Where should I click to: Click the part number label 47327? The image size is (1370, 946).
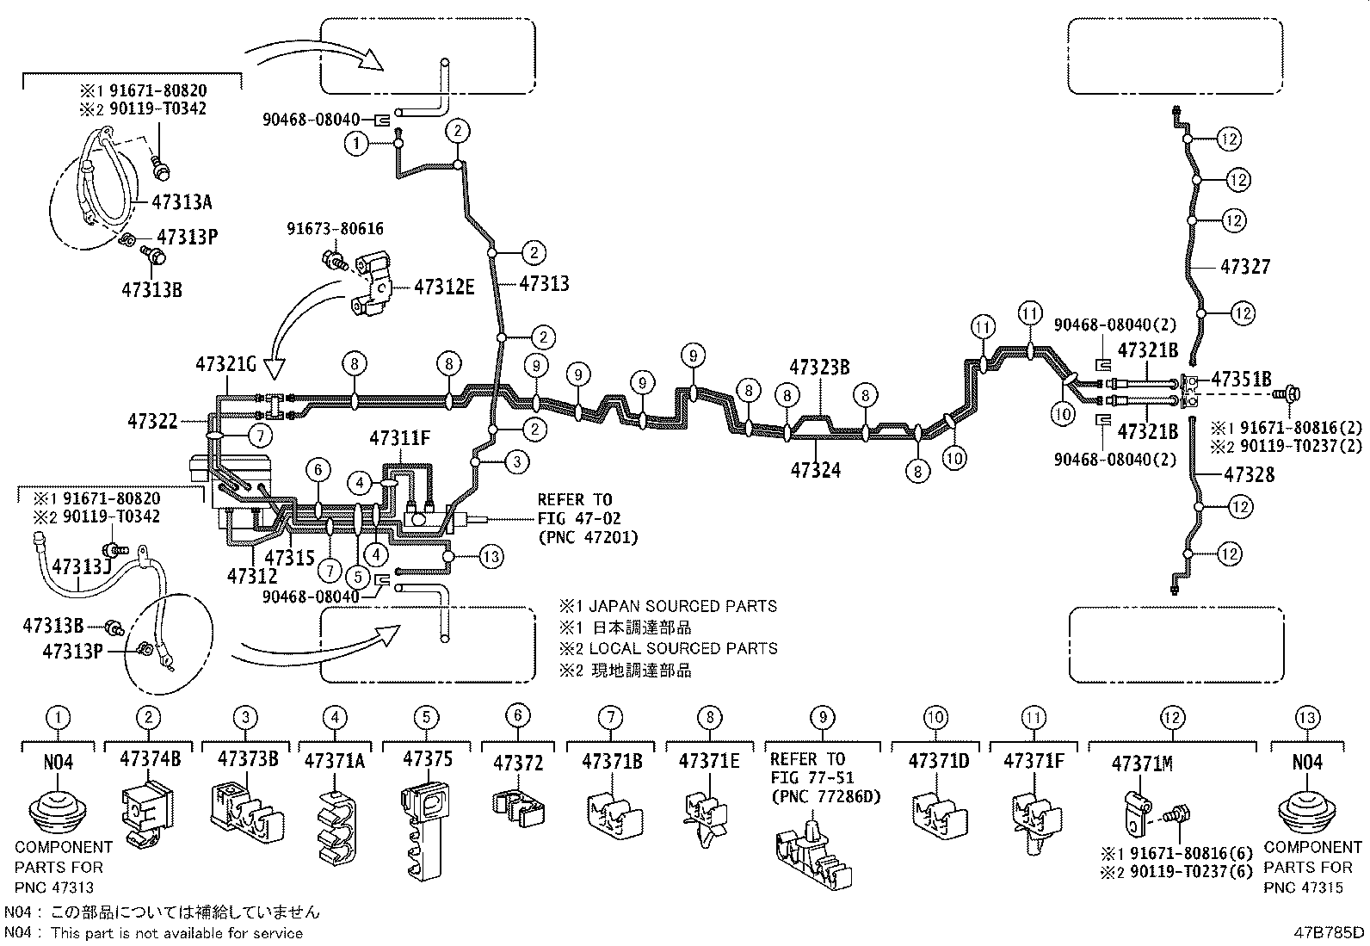pyautogui.click(x=1244, y=267)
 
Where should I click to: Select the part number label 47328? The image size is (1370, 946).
pyautogui.click(x=1249, y=474)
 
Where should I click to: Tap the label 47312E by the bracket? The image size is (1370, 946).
pyautogui.click(x=444, y=288)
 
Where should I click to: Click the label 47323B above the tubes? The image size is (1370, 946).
pyautogui.click(x=819, y=368)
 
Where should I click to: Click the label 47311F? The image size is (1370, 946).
pyautogui.click(x=399, y=438)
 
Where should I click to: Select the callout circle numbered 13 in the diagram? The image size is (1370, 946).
pyautogui.click(x=491, y=557)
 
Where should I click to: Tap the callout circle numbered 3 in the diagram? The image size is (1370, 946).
pyautogui.click(x=516, y=462)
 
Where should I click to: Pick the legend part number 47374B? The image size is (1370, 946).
pyautogui.click(x=151, y=759)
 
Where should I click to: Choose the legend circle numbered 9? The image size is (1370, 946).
pyautogui.click(x=823, y=716)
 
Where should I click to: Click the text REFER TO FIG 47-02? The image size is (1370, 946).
pyautogui.click(x=574, y=509)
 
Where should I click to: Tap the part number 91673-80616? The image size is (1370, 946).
pyautogui.click(x=336, y=229)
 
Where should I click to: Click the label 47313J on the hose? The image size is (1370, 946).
pyautogui.click(x=82, y=566)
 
